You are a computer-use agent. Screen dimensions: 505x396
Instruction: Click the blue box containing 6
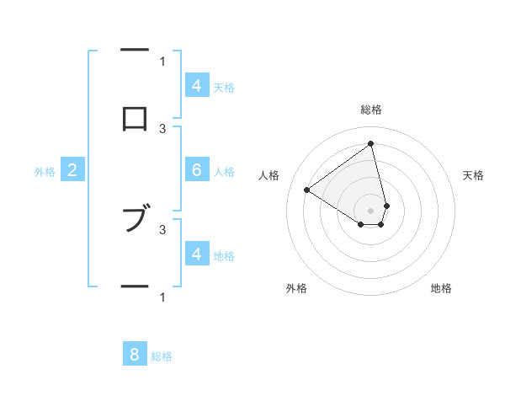pyautogui.click(x=197, y=170)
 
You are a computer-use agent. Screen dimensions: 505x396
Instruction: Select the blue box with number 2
pyautogui.click(x=72, y=170)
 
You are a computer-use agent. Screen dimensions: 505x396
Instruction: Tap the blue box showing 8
pyautogui.click(x=135, y=355)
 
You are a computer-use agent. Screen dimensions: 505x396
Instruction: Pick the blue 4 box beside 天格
pyautogui.click(x=197, y=86)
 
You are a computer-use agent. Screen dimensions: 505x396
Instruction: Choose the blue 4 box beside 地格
pyautogui.click(x=197, y=254)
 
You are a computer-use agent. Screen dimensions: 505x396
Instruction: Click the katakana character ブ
pyautogui.click(x=135, y=218)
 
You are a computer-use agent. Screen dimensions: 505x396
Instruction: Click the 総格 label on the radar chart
pyautogui.click(x=371, y=110)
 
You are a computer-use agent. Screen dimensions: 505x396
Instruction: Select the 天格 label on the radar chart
pyautogui.click(x=473, y=175)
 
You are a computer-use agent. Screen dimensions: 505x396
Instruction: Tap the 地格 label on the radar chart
pyautogui.click(x=441, y=288)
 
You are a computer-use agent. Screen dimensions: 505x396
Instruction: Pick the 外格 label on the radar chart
pyautogui.click(x=296, y=288)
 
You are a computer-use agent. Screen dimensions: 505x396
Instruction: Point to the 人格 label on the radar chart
pyautogui.click(x=269, y=175)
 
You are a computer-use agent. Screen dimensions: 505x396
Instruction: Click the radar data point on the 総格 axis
pyautogui.click(x=371, y=143)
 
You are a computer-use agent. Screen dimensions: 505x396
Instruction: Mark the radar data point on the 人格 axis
pyautogui.click(x=306, y=190)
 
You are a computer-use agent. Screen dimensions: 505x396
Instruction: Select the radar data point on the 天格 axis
pyautogui.click(x=386, y=206)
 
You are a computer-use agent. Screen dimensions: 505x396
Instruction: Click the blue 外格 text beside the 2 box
pyautogui.click(x=45, y=171)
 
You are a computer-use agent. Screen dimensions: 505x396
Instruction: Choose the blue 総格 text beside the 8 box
pyautogui.click(x=162, y=356)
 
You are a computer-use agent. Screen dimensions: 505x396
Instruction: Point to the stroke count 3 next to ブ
pyautogui.click(x=162, y=228)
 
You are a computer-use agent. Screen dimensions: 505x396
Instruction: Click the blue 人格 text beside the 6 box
pyautogui.click(x=224, y=171)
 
